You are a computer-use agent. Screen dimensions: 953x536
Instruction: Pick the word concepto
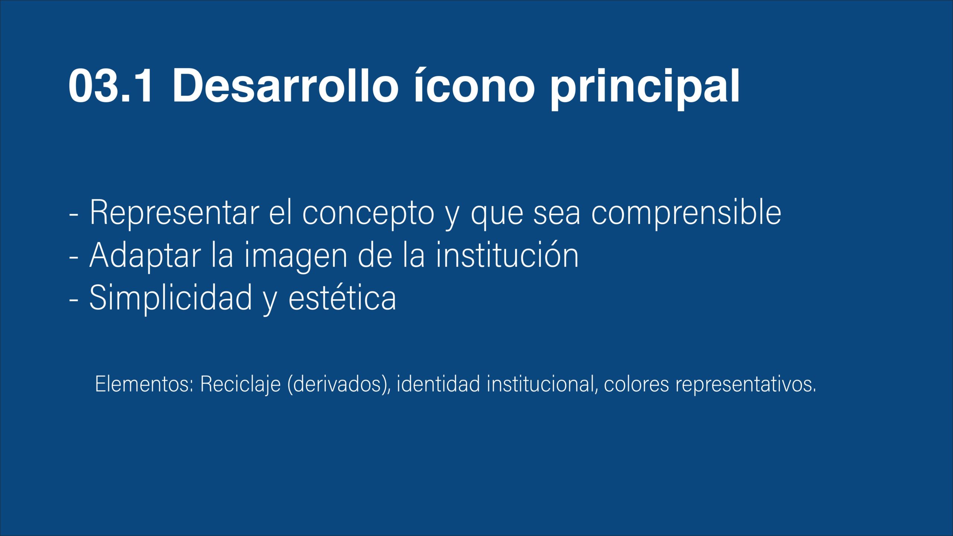(368, 214)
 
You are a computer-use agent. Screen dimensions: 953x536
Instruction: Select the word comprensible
(686, 214)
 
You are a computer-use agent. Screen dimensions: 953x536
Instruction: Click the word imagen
(296, 257)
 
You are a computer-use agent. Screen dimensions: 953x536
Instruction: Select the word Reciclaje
(240, 385)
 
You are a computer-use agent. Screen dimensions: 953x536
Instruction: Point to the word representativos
(746, 385)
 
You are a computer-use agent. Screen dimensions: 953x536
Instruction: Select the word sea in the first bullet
(557, 215)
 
